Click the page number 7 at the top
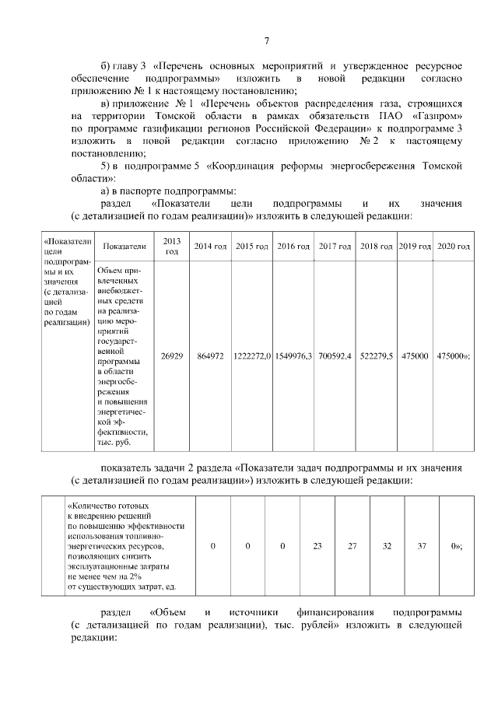tap(265, 40)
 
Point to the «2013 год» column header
tap(172, 246)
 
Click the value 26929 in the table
tap(172, 356)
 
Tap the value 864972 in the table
tap(209, 356)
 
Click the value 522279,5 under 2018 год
tap(377, 356)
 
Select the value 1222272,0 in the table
tap(251, 356)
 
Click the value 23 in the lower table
tap(317, 546)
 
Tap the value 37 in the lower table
tap(422, 546)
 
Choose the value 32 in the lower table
tap(387, 546)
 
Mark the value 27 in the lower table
tap(352, 546)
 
